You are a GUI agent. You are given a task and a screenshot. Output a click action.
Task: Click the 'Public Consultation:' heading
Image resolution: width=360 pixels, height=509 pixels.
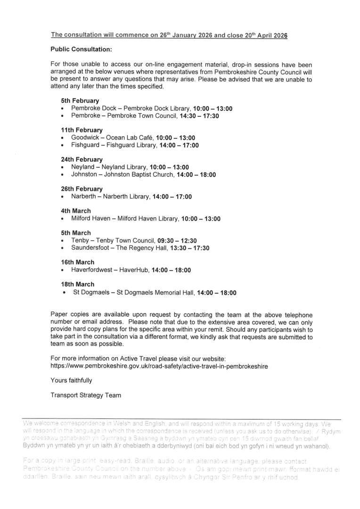(x=82, y=49)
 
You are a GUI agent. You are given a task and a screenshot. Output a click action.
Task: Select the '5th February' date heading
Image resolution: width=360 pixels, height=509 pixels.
(x=80, y=100)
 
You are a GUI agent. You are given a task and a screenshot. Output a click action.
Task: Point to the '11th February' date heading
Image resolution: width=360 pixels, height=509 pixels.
(x=82, y=130)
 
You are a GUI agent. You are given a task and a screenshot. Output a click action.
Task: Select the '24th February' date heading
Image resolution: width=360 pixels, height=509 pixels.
(x=82, y=159)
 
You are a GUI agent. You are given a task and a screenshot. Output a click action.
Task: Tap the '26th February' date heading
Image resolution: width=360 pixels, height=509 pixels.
(x=82, y=189)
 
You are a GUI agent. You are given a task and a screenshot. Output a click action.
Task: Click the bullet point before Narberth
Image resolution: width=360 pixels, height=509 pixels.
(x=63, y=197)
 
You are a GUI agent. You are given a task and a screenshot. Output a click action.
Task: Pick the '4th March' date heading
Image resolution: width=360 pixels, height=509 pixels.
(x=76, y=211)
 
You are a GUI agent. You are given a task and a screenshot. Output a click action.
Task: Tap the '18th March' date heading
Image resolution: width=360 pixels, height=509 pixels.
(x=77, y=284)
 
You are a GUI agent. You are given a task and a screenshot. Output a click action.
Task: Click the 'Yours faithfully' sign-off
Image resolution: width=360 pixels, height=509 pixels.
(x=71, y=380)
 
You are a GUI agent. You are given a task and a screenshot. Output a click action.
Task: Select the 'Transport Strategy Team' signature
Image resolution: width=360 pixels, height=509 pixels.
(x=86, y=395)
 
